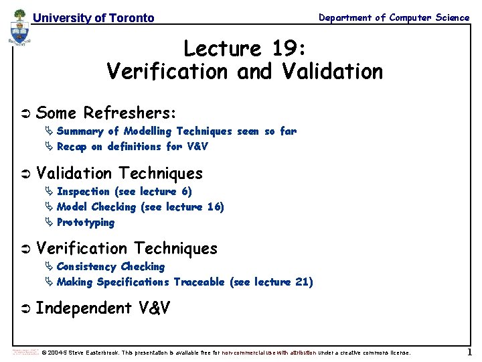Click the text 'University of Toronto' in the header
click(x=93, y=18)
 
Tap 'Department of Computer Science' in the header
click(x=394, y=17)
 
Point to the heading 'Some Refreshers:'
click(x=106, y=112)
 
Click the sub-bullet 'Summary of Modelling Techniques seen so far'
click(x=176, y=131)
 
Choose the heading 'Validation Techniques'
click(x=119, y=173)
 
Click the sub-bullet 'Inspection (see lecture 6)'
click(x=124, y=192)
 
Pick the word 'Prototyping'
click(x=86, y=223)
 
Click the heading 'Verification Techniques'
click(x=127, y=248)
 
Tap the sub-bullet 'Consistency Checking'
click(x=110, y=267)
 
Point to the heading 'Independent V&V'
click(x=102, y=308)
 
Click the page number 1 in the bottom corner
click(x=469, y=352)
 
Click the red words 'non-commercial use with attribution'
click(x=269, y=353)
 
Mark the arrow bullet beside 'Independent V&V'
click(x=25, y=309)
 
